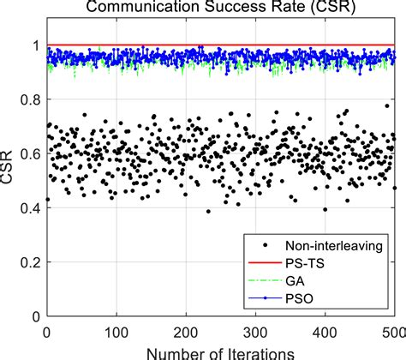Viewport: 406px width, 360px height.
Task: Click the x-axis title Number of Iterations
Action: [221, 351]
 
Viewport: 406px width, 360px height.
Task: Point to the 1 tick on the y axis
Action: [33, 45]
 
